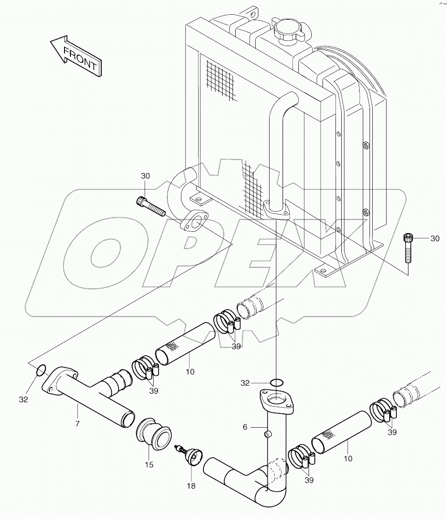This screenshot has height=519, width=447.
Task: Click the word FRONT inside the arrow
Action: pos(80,59)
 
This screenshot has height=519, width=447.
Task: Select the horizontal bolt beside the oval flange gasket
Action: pos(150,206)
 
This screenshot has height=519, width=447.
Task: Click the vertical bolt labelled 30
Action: pos(408,249)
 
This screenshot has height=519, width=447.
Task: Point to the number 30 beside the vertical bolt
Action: pos(435,239)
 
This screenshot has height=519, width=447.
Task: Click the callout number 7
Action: pos(77,423)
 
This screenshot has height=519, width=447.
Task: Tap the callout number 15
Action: pos(149,465)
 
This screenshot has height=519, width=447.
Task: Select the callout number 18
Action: pos(191,486)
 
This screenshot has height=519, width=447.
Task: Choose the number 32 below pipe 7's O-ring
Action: pos(23,399)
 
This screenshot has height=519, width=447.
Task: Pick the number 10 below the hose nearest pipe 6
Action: pos(348,458)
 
